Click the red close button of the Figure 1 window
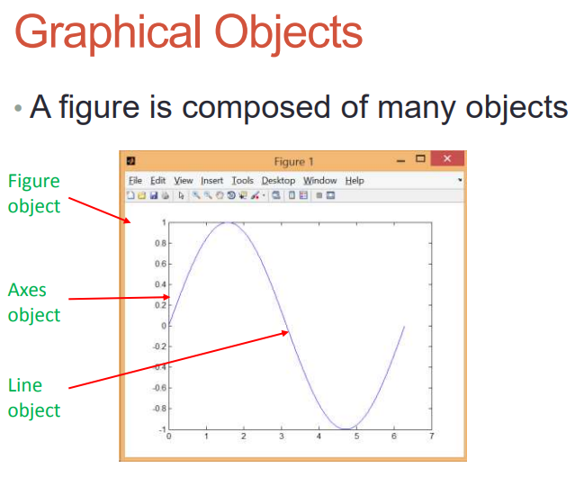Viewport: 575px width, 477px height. pos(447,158)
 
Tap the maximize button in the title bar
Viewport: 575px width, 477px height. pos(420,158)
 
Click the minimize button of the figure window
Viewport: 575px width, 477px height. pos(400,161)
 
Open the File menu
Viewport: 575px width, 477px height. pos(135,180)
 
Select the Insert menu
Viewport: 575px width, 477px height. pos(211,180)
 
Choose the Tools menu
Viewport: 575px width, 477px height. pos(242,180)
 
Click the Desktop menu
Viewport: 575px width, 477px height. pos(278,181)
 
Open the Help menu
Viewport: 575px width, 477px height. pos(355,181)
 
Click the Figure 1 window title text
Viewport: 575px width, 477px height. pos(293,162)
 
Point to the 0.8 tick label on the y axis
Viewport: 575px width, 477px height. pos(160,243)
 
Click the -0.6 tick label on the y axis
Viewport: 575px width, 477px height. pos(159,388)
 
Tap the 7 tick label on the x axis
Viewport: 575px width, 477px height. pos(432,436)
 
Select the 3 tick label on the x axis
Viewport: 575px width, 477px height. pos(282,436)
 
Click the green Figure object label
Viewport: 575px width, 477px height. pos(34,193)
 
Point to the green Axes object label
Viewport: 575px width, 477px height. pos(34,302)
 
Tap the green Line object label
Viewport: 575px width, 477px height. pos(34,398)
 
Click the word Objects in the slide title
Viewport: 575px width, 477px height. pos(289,32)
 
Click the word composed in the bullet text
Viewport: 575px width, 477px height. pos(256,108)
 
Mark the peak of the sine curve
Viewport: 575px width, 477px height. pos(228,222)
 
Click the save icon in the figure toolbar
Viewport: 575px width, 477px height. pos(154,195)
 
